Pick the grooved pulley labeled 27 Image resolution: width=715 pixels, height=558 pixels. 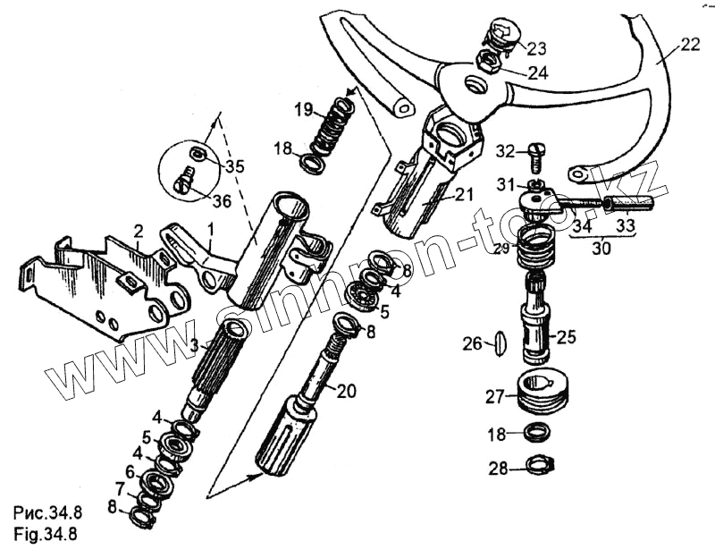(546, 393)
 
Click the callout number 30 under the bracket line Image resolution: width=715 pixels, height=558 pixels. (601, 249)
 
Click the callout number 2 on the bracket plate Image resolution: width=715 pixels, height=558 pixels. (139, 232)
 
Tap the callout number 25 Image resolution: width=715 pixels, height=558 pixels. (567, 337)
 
